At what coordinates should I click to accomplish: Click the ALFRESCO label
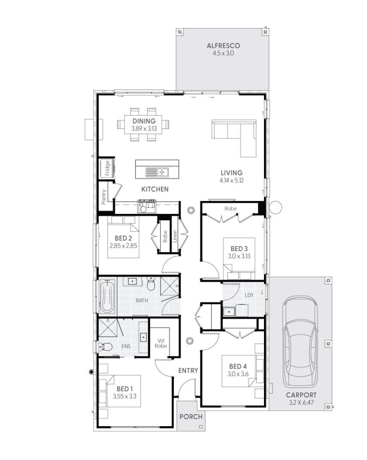click(223, 46)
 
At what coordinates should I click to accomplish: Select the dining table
click(143, 125)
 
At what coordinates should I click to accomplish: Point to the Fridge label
click(107, 168)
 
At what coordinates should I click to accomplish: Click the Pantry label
click(103, 197)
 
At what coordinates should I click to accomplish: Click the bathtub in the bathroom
click(106, 296)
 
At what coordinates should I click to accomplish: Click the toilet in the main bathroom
click(151, 283)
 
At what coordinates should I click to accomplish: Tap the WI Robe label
click(161, 343)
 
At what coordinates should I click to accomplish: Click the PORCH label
click(191, 417)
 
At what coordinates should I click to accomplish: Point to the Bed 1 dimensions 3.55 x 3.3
click(124, 396)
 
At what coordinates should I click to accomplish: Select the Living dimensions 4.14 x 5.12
click(231, 180)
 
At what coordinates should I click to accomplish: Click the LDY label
click(249, 295)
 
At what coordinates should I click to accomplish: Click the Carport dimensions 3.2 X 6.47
click(301, 402)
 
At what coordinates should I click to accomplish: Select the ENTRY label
click(188, 371)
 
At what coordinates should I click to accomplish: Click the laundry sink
click(228, 311)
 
